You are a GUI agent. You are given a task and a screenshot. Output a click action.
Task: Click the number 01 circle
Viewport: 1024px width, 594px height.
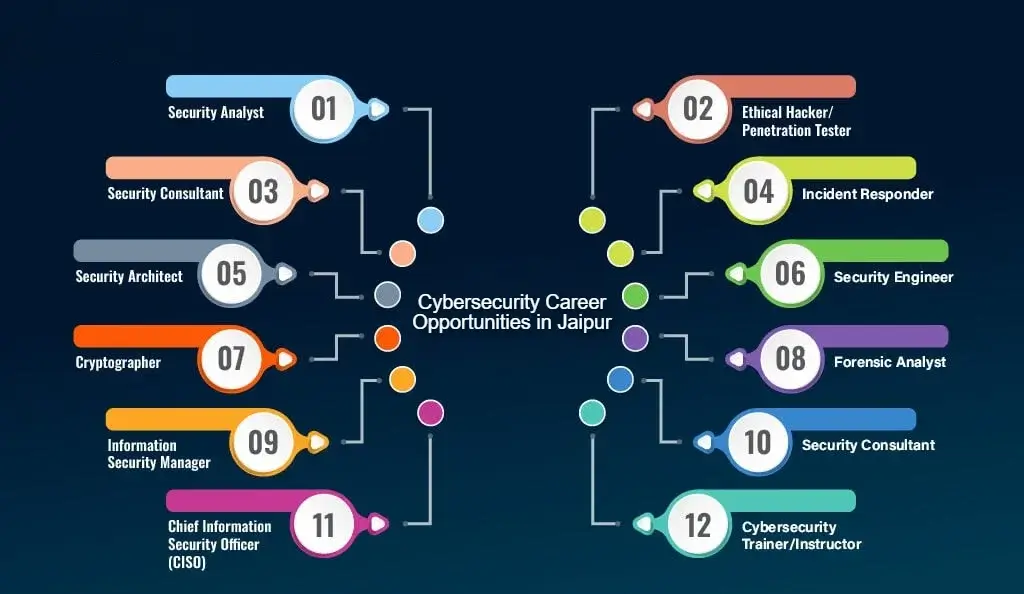pos(324,108)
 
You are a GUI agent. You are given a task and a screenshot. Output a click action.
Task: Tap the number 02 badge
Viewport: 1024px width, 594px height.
pos(698,108)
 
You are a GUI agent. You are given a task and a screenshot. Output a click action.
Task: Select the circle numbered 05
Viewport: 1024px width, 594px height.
pos(231,273)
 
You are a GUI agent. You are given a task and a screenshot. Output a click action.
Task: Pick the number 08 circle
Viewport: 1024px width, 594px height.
pos(790,357)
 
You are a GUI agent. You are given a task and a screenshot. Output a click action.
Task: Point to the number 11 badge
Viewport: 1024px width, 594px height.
pos(324,524)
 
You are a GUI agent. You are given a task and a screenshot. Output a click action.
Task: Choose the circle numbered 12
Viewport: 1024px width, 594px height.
pos(698,524)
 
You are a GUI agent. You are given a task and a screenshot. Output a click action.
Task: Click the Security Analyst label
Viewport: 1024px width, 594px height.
pos(216,112)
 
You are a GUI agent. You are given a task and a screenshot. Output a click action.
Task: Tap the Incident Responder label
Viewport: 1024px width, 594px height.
pos(867,194)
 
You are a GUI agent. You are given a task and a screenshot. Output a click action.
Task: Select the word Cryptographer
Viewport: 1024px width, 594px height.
pos(118,362)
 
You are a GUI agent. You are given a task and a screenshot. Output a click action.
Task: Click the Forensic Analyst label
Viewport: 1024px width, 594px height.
pos(890,362)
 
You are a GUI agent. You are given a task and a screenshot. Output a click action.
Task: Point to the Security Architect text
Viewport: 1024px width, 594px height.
pos(129,276)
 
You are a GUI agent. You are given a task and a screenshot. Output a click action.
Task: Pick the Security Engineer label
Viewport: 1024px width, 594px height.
pos(893,277)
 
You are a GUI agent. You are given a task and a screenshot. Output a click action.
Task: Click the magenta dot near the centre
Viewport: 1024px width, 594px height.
pos(430,411)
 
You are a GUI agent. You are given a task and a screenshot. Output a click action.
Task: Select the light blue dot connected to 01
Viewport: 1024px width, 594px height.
pos(430,220)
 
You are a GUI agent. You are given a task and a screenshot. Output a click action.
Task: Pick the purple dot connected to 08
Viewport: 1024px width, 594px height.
pos(635,338)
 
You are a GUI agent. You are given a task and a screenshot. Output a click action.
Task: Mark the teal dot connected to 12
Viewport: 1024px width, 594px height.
pos(592,411)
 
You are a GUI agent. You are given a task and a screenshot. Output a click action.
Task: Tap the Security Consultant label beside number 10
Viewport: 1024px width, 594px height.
pos(868,445)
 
